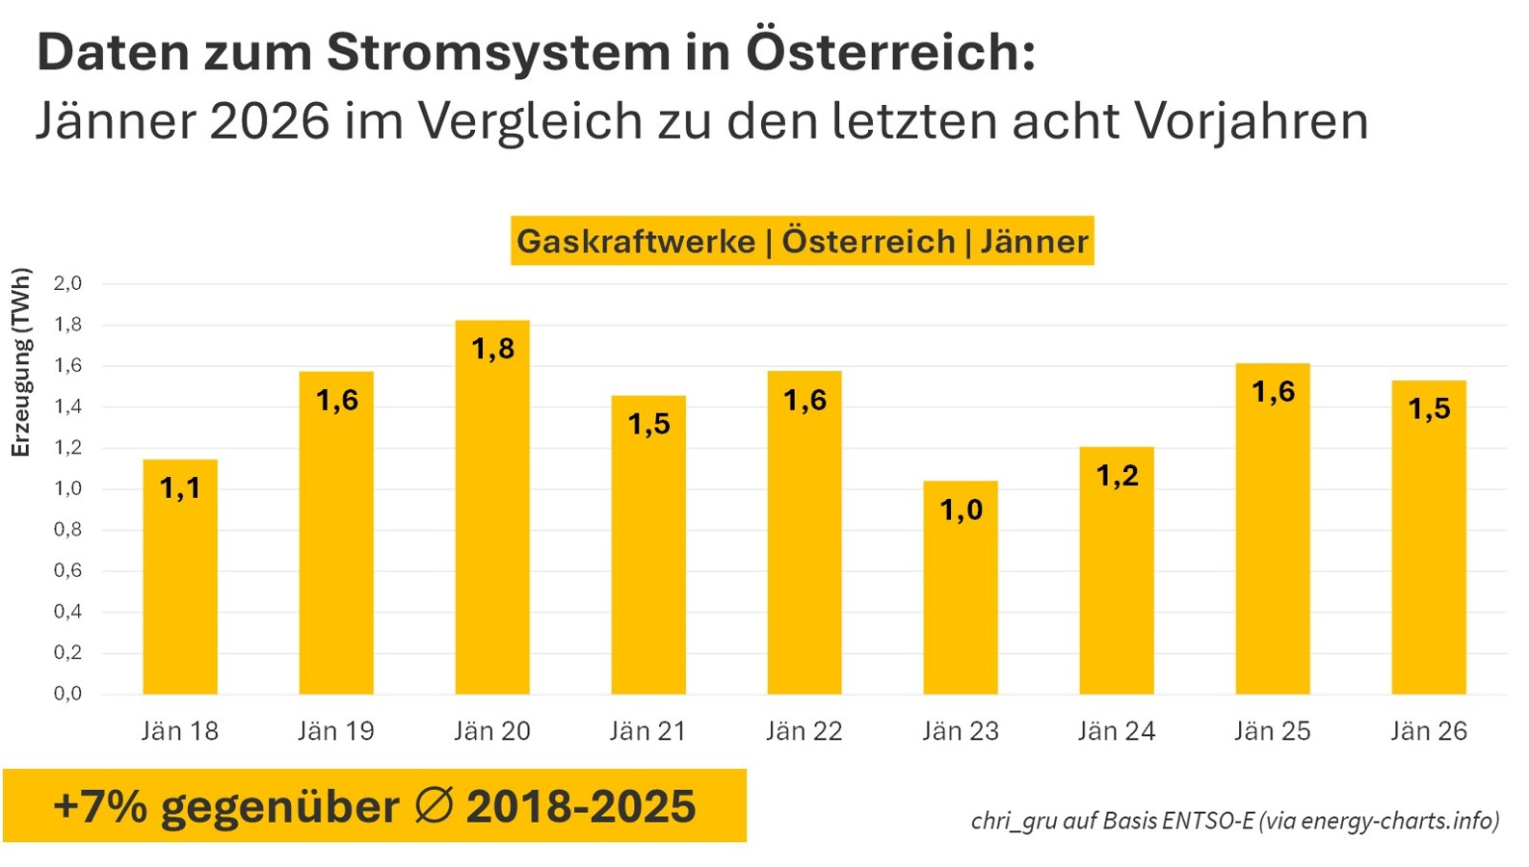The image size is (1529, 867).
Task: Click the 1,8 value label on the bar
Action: (x=492, y=349)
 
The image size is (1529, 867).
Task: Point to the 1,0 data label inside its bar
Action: (x=961, y=510)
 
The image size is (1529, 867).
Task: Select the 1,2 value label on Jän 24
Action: (x=1117, y=475)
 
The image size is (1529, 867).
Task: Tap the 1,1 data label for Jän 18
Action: (x=180, y=488)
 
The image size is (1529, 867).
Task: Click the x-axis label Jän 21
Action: (x=648, y=731)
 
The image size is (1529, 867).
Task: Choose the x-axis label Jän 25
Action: (x=1273, y=731)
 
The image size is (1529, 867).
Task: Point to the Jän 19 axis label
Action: (x=336, y=731)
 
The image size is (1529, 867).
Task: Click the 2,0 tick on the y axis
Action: (x=67, y=283)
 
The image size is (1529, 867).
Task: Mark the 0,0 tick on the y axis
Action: (x=67, y=694)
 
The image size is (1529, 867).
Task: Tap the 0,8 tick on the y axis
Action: (x=67, y=530)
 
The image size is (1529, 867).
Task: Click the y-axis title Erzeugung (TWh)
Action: (x=21, y=362)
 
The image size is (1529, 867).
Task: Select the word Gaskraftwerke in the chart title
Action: (x=636, y=241)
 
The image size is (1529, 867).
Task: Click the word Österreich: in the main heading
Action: (x=890, y=52)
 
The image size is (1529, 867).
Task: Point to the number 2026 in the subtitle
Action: (x=265, y=121)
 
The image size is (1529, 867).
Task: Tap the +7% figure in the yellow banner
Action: (x=100, y=806)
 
